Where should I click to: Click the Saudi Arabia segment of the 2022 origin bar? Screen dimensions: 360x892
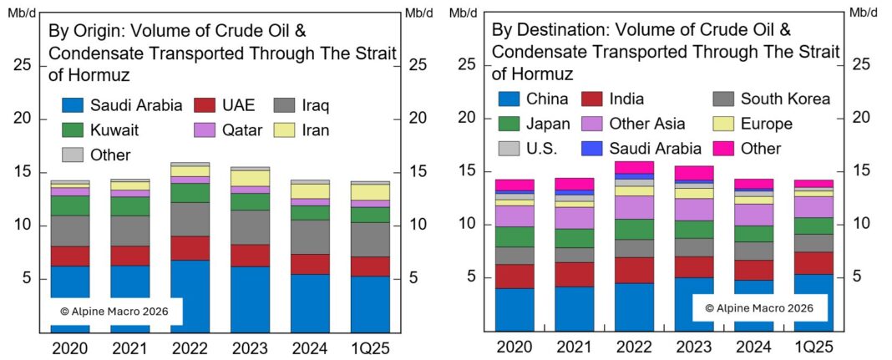(190, 296)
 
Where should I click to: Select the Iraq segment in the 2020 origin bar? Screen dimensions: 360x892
(70, 231)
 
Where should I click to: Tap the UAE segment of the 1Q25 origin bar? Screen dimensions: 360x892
(370, 266)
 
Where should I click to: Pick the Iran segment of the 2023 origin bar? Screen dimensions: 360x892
(250, 178)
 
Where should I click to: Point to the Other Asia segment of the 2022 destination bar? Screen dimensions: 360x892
(634, 207)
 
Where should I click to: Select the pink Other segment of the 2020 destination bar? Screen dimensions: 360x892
(514, 185)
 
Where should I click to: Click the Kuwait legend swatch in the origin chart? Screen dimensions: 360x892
(73, 130)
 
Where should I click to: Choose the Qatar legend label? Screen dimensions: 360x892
(243, 130)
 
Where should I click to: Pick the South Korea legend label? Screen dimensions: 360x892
(785, 99)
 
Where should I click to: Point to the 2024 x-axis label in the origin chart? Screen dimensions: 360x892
(310, 347)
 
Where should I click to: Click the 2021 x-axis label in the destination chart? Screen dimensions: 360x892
(574, 347)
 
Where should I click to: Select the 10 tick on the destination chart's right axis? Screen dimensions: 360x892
(860, 224)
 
